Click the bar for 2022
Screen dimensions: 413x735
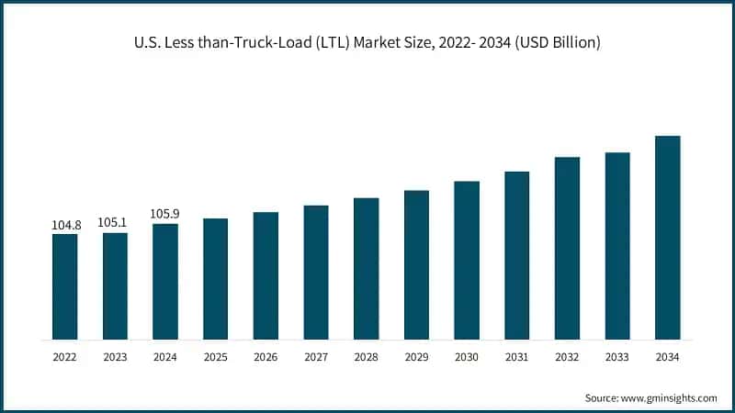pos(64,286)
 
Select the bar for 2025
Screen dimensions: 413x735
pos(215,279)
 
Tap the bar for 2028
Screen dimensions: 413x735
pos(367,268)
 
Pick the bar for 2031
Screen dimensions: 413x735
pos(517,255)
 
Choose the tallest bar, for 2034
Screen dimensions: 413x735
pos(668,238)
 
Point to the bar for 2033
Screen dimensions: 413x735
pos(617,246)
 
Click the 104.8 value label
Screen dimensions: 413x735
pos(64,224)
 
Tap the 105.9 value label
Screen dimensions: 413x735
pos(165,214)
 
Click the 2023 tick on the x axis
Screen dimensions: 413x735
pos(115,357)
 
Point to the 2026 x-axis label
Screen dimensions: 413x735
pos(266,357)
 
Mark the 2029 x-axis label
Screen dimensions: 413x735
pos(416,357)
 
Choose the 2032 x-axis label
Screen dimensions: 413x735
pos(567,357)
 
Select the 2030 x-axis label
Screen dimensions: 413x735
pos(467,357)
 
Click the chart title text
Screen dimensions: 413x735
pos(367,43)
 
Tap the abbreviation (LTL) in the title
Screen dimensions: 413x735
pos(331,43)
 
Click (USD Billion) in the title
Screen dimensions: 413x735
pos(558,43)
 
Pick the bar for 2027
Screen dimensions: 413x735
pos(316,273)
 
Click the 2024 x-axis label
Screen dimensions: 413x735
pos(165,357)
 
